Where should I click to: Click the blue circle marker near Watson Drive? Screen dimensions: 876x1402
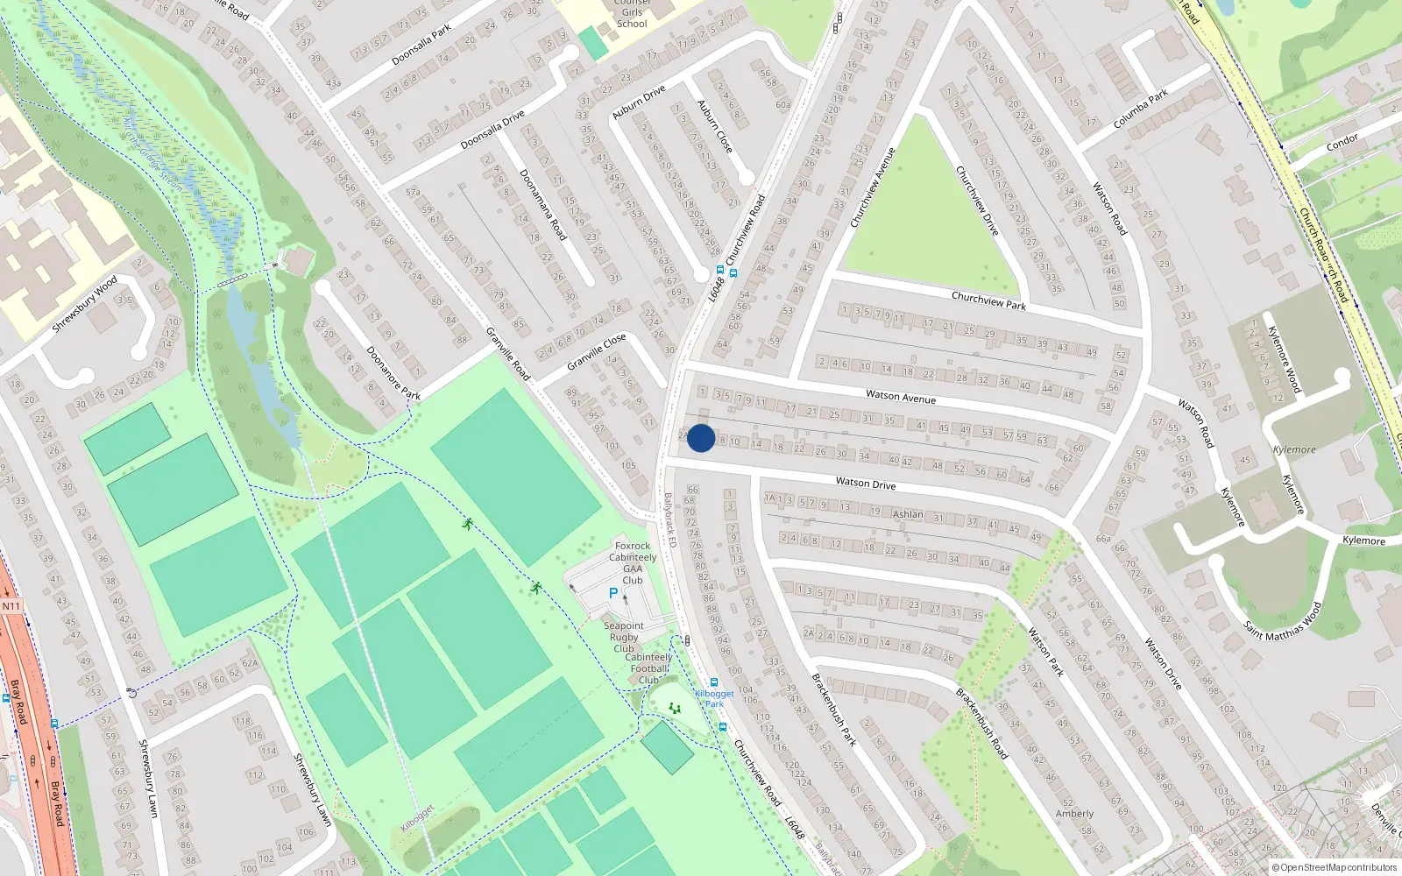[x=701, y=438]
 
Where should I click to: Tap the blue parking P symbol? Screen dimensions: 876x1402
[x=613, y=593]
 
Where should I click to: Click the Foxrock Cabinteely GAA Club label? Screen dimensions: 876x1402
[x=633, y=562]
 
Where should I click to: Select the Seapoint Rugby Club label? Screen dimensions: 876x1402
[x=624, y=637]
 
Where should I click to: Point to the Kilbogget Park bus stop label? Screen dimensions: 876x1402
[x=715, y=698]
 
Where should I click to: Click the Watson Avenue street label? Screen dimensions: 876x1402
[x=901, y=397]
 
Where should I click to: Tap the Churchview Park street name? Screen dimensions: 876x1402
[x=988, y=300]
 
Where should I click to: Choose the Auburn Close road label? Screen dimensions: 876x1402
[x=715, y=127]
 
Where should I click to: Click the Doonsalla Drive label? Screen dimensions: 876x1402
[x=492, y=130]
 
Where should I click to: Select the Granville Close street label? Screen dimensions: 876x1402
[x=596, y=351]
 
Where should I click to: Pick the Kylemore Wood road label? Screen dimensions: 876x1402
[x=1284, y=358]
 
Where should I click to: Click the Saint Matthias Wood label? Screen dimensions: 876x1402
[x=1282, y=621]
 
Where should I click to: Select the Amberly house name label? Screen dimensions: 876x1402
[x=1074, y=814]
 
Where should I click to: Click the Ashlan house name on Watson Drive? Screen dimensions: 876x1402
[x=908, y=514]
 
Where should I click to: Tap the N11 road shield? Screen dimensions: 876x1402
[x=11, y=606]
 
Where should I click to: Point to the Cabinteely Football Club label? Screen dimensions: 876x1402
[x=650, y=668]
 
